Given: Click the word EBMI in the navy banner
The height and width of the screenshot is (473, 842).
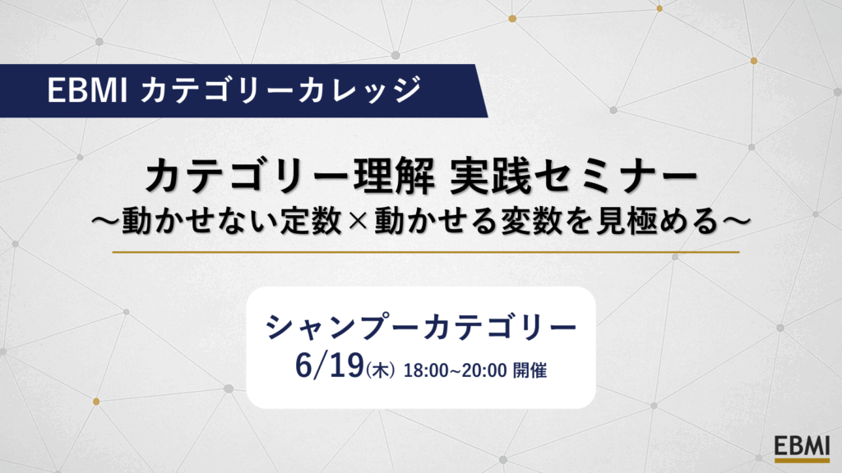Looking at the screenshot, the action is tap(87, 90).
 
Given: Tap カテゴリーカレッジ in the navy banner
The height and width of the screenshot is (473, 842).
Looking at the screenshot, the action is tap(281, 90).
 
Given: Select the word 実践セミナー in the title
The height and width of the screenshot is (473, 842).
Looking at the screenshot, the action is tap(573, 177).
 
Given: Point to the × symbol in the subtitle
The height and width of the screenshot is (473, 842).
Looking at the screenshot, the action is tap(358, 221).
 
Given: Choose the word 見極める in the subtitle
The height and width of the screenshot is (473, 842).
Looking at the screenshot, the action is tap(657, 220).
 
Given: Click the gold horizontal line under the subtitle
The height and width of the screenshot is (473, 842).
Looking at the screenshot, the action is tap(426, 251).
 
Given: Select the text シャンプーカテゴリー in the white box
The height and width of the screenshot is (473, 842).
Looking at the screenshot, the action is tap(421, 327).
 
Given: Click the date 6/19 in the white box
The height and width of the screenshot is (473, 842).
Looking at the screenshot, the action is tap(330, 365).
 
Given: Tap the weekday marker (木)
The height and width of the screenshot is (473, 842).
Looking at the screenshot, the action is tap(380, 370).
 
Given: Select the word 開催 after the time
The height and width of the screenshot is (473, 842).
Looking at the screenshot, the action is tap(530, 370).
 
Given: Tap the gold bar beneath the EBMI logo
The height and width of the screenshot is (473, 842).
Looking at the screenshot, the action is tap(802, 460).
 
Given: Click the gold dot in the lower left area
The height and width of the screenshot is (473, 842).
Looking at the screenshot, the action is tap(96, 401).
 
